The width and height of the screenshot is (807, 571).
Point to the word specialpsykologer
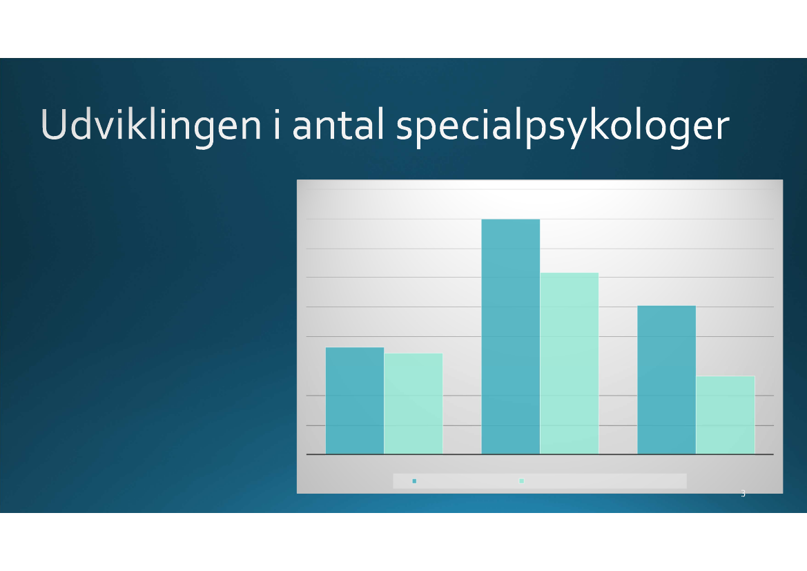[563, 127]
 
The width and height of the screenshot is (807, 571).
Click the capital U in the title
[54, 124]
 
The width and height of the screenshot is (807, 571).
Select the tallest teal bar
[511, 337]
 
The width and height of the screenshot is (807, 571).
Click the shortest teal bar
[355, 400]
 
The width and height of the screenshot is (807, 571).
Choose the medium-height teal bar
[666, 380]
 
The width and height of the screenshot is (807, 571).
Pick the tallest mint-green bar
[570, 363]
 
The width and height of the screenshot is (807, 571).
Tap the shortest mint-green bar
[725, 415]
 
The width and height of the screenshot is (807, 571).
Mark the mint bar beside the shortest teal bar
[414, 404]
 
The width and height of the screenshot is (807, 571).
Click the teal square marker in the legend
[414, 481]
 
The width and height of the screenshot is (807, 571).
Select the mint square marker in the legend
[521, 481]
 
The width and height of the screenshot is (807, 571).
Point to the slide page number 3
[743, 493]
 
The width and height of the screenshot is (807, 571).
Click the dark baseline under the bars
[540, 454]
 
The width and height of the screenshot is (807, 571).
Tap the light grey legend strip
[540, 481]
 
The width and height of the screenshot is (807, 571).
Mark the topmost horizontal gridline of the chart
[540, 189]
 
